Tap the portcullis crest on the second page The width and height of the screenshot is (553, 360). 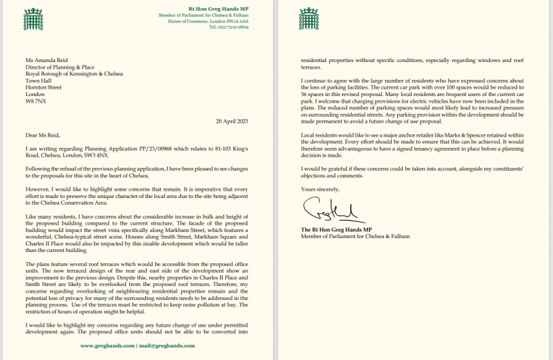pos(308,19)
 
